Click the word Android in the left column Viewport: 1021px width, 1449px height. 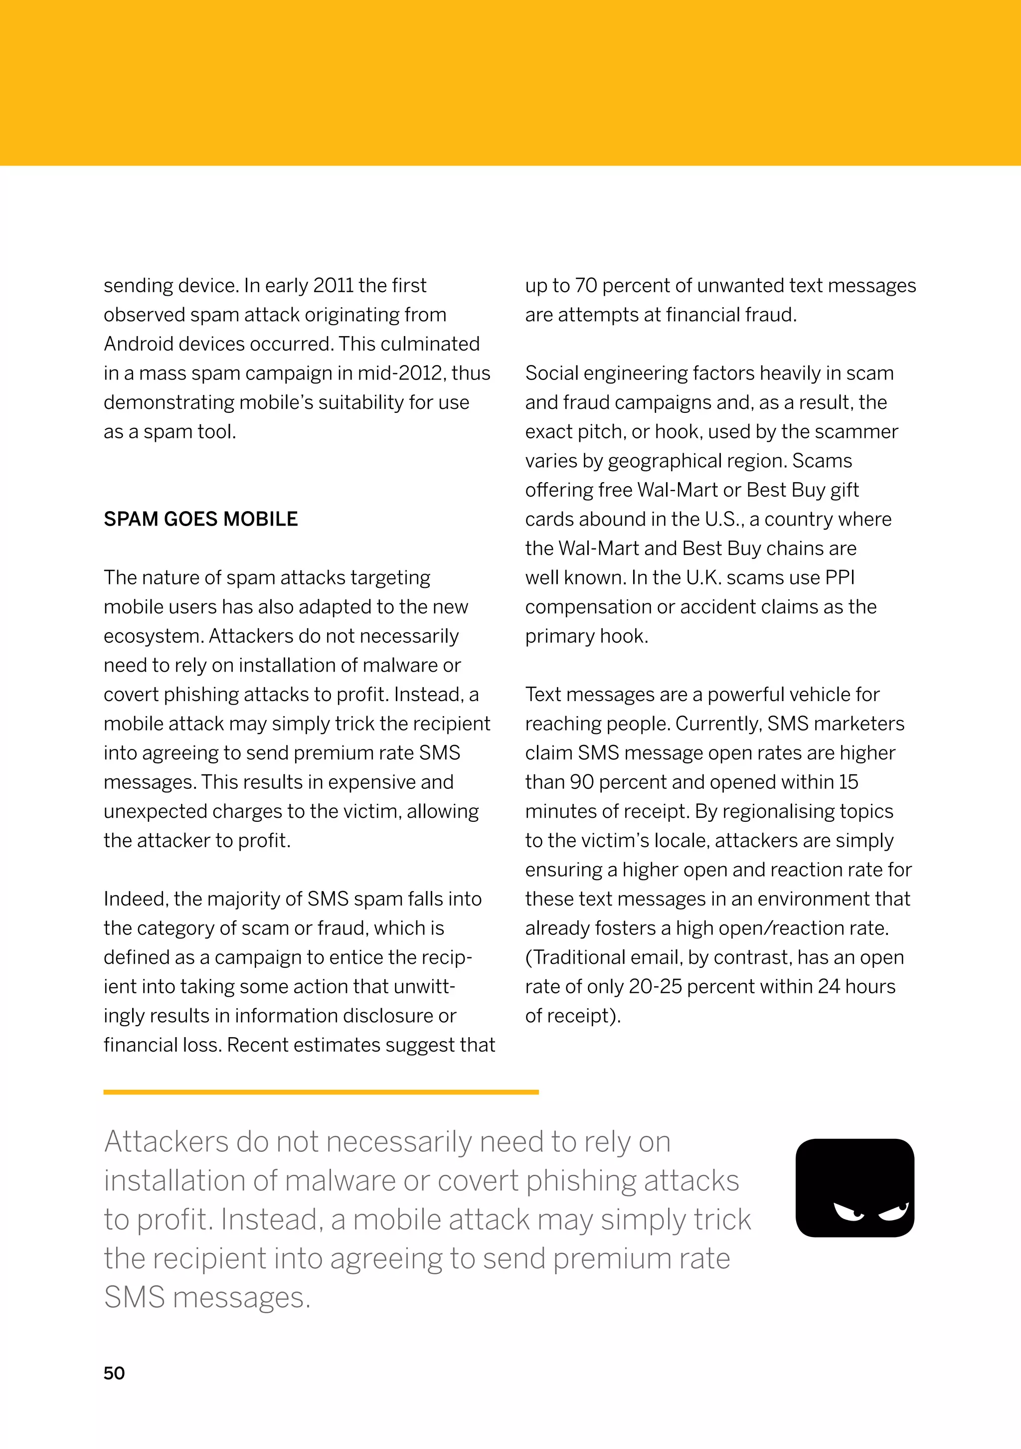(x=140, y=344)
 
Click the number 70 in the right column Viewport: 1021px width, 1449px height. (x=586, y=285)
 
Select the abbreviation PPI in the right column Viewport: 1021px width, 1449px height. (x=839, y=577)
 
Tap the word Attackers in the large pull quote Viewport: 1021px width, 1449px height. (x=166, y=1142)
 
